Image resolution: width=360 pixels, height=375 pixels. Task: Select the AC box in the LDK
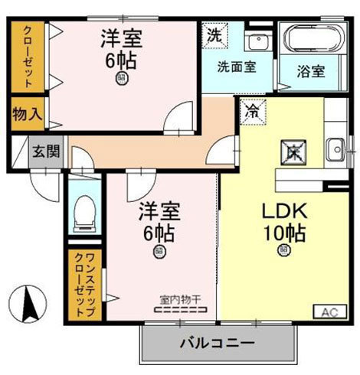(327, 312)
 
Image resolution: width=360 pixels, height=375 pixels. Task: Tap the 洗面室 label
(235, 66)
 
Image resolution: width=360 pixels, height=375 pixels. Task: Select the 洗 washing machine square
(213, 36)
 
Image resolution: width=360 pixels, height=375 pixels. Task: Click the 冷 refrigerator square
(251, 109)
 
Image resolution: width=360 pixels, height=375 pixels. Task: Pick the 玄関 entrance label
(43, 149)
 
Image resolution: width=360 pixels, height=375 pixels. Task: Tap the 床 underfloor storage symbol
(293, 150)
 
